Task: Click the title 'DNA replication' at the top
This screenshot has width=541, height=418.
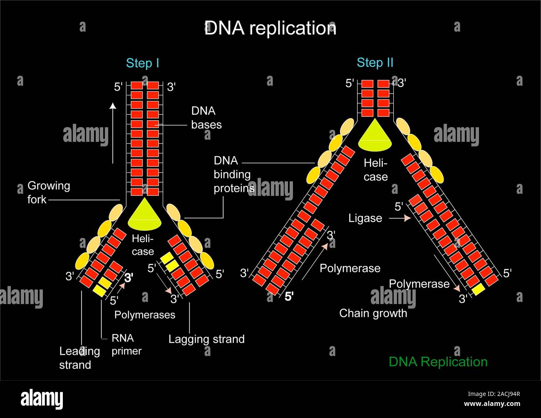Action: click(270, 28)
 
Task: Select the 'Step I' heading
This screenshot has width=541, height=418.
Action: click(142, 63)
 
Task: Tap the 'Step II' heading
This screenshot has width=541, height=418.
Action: click(375, 63)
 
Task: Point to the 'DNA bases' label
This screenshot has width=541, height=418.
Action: click(206, 118)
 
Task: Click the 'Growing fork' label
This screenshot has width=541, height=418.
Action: click(48, 193)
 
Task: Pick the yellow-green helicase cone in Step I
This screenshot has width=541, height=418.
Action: click(144, 215)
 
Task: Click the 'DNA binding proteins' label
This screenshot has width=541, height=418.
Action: click(233, 174)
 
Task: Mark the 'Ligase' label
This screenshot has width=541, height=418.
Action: click(365, 218)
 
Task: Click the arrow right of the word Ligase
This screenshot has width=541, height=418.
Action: click(399, 218)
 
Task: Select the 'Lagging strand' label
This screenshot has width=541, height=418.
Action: click(206, 339)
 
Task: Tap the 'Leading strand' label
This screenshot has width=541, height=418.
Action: click(79, 358)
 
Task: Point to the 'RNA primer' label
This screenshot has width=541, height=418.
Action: click(126, 344)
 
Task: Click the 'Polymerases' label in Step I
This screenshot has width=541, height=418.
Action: click(145, 315)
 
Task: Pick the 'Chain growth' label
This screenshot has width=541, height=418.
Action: click(373, 313)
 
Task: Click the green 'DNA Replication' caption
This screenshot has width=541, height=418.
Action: click(438, 362)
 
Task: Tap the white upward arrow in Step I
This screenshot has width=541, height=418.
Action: click(113, 133)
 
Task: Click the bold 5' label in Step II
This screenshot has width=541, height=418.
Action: click(289, 297)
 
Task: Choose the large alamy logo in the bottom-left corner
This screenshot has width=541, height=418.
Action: click(42, 399)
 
